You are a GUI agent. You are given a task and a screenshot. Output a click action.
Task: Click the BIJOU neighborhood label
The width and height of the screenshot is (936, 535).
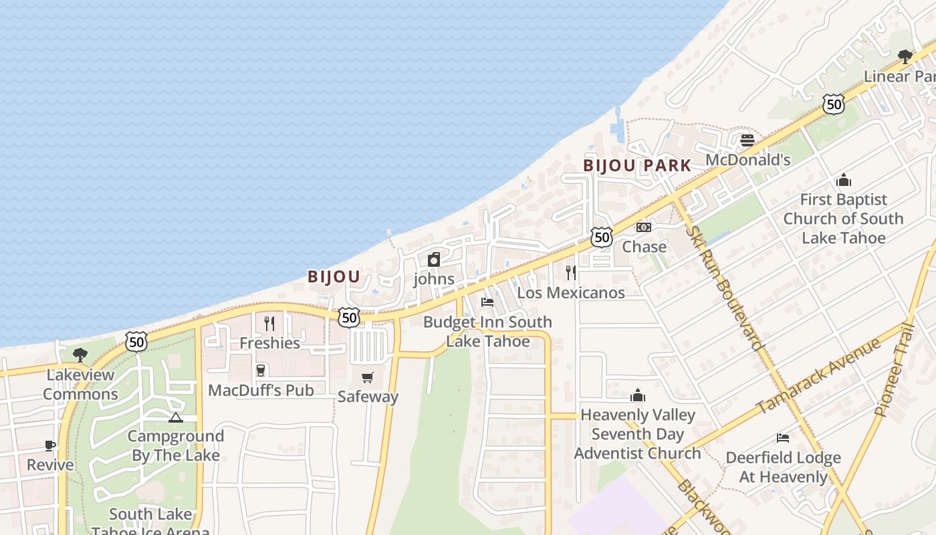(334, 276)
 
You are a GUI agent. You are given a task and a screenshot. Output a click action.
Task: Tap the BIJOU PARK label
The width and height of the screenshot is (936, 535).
(636, 165)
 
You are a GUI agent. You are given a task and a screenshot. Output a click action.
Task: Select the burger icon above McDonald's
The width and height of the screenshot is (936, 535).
(747, 140)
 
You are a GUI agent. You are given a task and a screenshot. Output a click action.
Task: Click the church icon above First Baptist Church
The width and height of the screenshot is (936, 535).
(843, 181)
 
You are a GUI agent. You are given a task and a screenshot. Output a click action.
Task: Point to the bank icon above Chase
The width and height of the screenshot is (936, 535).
(644, 227)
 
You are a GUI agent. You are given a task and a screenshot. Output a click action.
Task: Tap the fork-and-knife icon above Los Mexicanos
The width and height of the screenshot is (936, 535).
(571, 272)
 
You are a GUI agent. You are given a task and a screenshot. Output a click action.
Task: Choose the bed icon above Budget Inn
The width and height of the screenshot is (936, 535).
(487, 302)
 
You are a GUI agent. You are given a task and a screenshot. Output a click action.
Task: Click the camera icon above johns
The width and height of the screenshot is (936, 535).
(434, 259)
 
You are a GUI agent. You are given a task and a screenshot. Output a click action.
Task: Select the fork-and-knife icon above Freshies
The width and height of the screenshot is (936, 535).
(269, 324)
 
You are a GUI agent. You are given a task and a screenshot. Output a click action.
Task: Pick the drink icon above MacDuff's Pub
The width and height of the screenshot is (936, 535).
(260, 370)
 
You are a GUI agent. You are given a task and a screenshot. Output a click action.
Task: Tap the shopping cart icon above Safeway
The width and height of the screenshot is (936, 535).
(367, 378)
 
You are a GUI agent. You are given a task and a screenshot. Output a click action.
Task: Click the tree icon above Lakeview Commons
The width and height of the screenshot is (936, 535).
(80, 354)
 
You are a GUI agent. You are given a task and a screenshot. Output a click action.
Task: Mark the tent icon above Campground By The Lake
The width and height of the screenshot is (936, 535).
(175, 418)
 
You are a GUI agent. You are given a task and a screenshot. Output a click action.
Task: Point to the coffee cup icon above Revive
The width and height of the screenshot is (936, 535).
(50, 445)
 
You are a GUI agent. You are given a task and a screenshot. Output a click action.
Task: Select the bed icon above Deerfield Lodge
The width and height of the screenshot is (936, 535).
(783, 439)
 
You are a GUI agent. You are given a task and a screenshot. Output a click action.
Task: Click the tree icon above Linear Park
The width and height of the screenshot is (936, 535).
(905, 57)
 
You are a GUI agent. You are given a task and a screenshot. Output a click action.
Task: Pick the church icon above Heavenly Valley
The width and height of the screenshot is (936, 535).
(638, 396)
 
